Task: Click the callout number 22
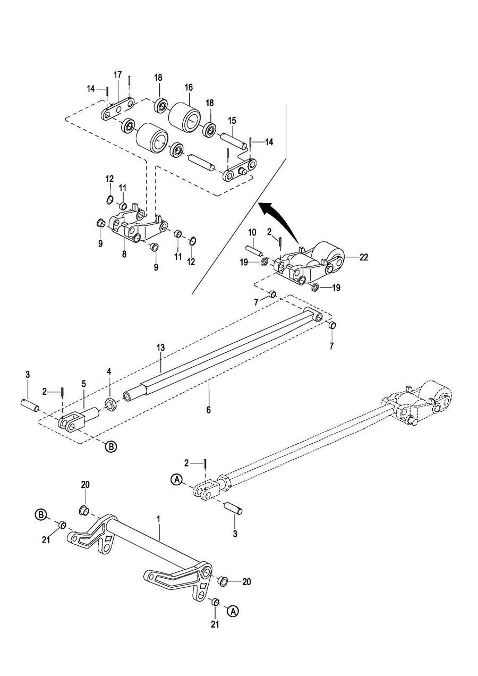364,257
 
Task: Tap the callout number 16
189,88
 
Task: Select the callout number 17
117,74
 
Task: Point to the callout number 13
161,348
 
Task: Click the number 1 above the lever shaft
159,520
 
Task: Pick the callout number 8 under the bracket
124,254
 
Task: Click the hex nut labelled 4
109,403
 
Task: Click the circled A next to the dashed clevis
177,479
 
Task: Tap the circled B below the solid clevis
110,446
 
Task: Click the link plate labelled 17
118,108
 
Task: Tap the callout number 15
232,121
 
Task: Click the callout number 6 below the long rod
208,410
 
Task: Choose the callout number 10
252,232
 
